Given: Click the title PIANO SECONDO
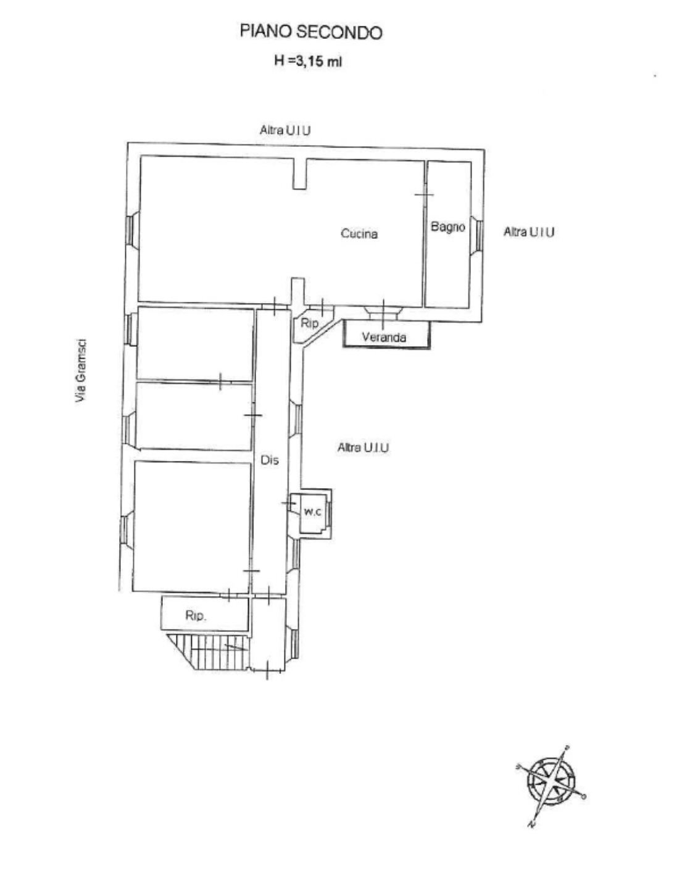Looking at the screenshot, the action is tap(310, 32).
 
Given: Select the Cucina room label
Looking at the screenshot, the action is tap(359, 233).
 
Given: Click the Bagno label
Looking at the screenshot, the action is tap(448, 227).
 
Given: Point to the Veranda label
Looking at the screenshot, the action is tap(384, 338).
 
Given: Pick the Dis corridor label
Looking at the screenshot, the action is tap(269, 460).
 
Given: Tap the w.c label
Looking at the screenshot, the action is tap(313, 512).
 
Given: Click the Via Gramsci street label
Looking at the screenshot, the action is tap(81, 372).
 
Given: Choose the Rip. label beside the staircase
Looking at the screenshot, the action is tap(196, 615).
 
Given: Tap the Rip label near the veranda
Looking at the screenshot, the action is tap(309, 323).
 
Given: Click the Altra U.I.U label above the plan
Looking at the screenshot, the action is tap(285, 130).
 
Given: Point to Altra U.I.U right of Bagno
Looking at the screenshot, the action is tap(529, 231).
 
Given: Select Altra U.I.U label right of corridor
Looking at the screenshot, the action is tap(363, 447).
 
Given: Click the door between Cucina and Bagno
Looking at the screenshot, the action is tap(424, 194).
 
